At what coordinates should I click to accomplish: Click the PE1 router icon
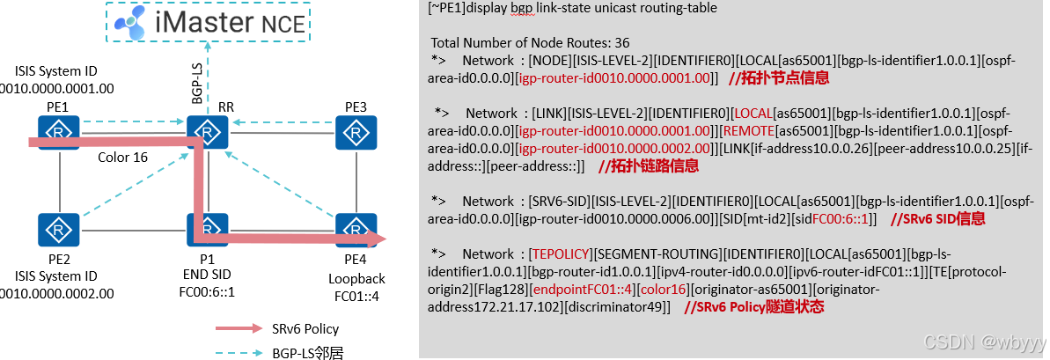(59, 132)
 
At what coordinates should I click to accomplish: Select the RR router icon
(207, 132)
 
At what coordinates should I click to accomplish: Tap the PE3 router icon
(356, 132)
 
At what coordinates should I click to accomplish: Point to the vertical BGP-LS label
(198, 80)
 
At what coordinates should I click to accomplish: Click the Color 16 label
(123, 158)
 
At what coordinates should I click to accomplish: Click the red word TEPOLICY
(560, 253)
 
